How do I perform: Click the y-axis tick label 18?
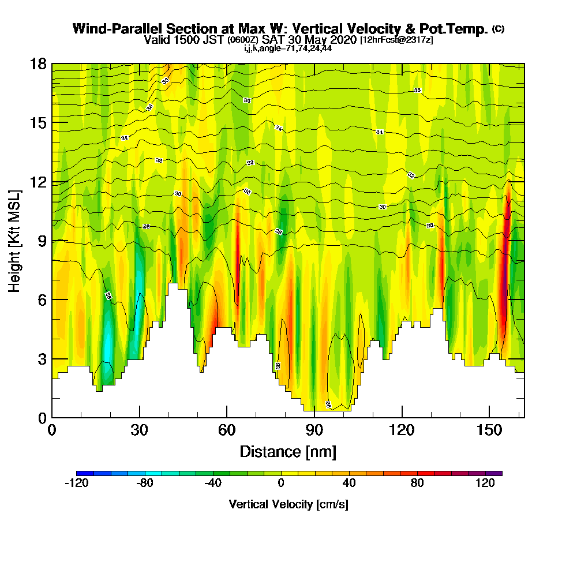click(x=39, y=63)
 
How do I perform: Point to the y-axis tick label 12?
click(x=39, y=182)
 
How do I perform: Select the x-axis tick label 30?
click(x=139, y=431)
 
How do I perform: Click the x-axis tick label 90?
click(x=314, y=431)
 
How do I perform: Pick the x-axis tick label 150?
click(x=489, y=431)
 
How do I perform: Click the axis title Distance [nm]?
click(x=288, y=451)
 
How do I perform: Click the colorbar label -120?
click(x=76, y=484)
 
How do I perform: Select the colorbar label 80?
click(x=417, y=484)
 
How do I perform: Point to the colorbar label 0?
click(x=281, y=484)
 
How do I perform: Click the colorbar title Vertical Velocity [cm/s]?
click(x=288, y=504)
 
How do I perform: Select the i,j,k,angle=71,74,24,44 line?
click(x=288, y=48)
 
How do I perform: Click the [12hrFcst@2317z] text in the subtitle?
click(x=396, y=40)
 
